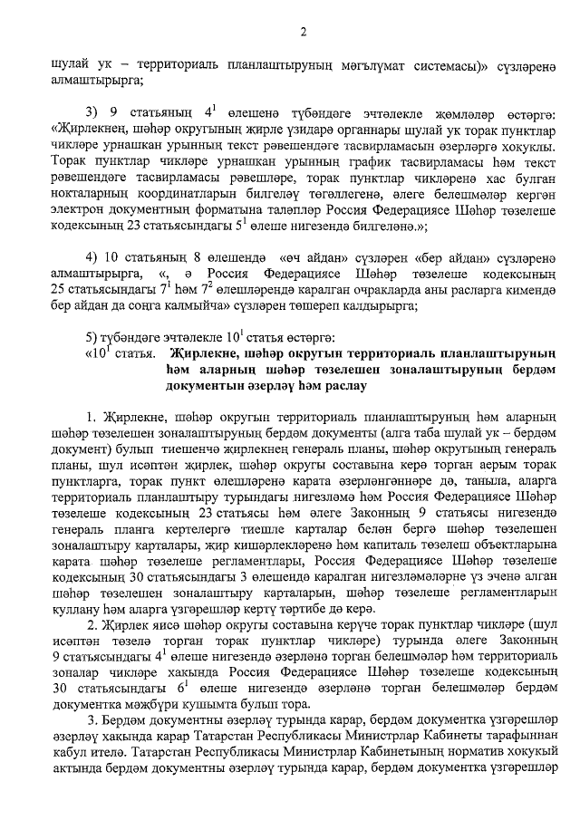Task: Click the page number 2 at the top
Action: click(304, 34)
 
